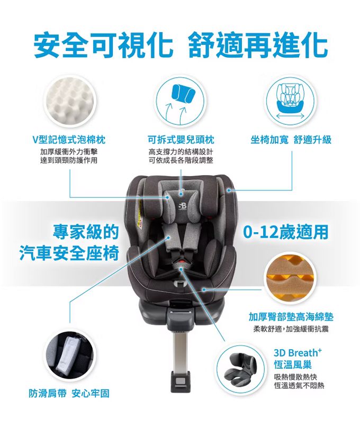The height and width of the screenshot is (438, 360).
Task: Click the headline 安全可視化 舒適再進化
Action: pyautogui.click(x=181, y=44)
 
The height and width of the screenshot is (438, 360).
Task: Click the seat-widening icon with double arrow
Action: pyautogui.click(x=291, y=101)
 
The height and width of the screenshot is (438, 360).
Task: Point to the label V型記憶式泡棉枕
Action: pyautogui.click(x=69, y=140)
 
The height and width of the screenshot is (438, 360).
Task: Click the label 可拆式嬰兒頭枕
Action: pyautogui.click(x=181, y=140)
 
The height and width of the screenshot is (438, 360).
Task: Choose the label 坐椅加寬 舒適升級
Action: pyautogui.click(x=291, y=140)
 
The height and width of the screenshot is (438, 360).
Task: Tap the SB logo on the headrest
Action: pyautogui.click(x=182, y=206)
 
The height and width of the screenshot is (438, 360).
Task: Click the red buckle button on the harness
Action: pyautogui.click(x=182, y=262)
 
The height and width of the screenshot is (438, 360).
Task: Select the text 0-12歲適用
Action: pyautogui.click(x=285, y=232)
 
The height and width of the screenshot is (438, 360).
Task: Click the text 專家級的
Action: pyautogui.click(x=86, y=232)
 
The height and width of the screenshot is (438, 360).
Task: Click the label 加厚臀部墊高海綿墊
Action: pyautogui.click(x=291, y=317)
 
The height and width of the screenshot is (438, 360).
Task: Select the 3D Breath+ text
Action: pyautogui.click(x=298, y=352)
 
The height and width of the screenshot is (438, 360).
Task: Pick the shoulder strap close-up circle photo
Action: pyautogui.click(x=70, y=355)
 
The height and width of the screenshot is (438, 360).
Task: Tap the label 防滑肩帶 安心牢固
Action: pyautogui.click(x=69, y=394)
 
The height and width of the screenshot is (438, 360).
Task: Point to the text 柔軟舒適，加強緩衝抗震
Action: pyautogui.click(x=291, y=330)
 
